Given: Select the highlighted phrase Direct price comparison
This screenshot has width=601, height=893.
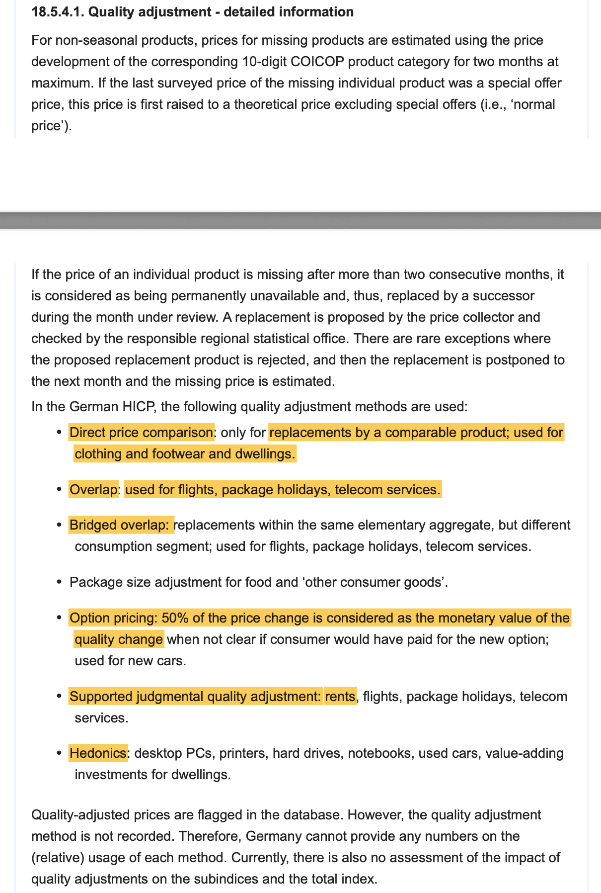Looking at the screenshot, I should point(141,433).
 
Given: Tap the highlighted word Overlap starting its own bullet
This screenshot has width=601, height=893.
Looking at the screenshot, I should point(93,490).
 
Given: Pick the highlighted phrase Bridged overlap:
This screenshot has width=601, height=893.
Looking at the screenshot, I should point(121,525).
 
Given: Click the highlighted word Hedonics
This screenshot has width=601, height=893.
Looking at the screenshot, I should point(98,753).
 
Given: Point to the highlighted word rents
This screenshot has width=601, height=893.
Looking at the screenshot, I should point(340,697).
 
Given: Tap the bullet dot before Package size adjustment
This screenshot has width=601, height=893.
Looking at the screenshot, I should point(59,582).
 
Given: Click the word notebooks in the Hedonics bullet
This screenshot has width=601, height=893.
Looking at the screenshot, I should point(379,753).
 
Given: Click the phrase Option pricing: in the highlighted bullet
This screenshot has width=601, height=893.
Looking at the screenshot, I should point(112,618).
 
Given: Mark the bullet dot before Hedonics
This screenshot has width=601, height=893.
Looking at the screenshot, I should point(59,753).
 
